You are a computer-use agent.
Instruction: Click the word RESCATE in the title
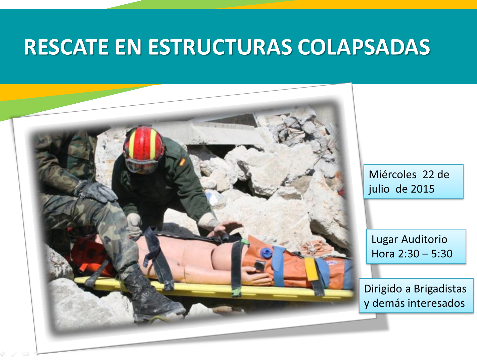coord(66,47)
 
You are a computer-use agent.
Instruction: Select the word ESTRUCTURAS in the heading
coord(220,47)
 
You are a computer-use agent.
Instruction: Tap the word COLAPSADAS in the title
coord(364,47)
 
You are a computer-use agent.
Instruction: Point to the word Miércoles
coord(392,174)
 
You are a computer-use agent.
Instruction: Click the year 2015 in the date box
coord(423,189)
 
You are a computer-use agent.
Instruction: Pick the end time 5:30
coord(442,254)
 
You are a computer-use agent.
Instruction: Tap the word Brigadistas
coord(440,289)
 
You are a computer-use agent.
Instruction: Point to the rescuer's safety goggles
coord(142,166)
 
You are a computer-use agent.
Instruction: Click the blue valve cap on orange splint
coord(266,252)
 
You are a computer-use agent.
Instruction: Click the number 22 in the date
coord(428,174)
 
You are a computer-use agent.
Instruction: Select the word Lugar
coord(384,239)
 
